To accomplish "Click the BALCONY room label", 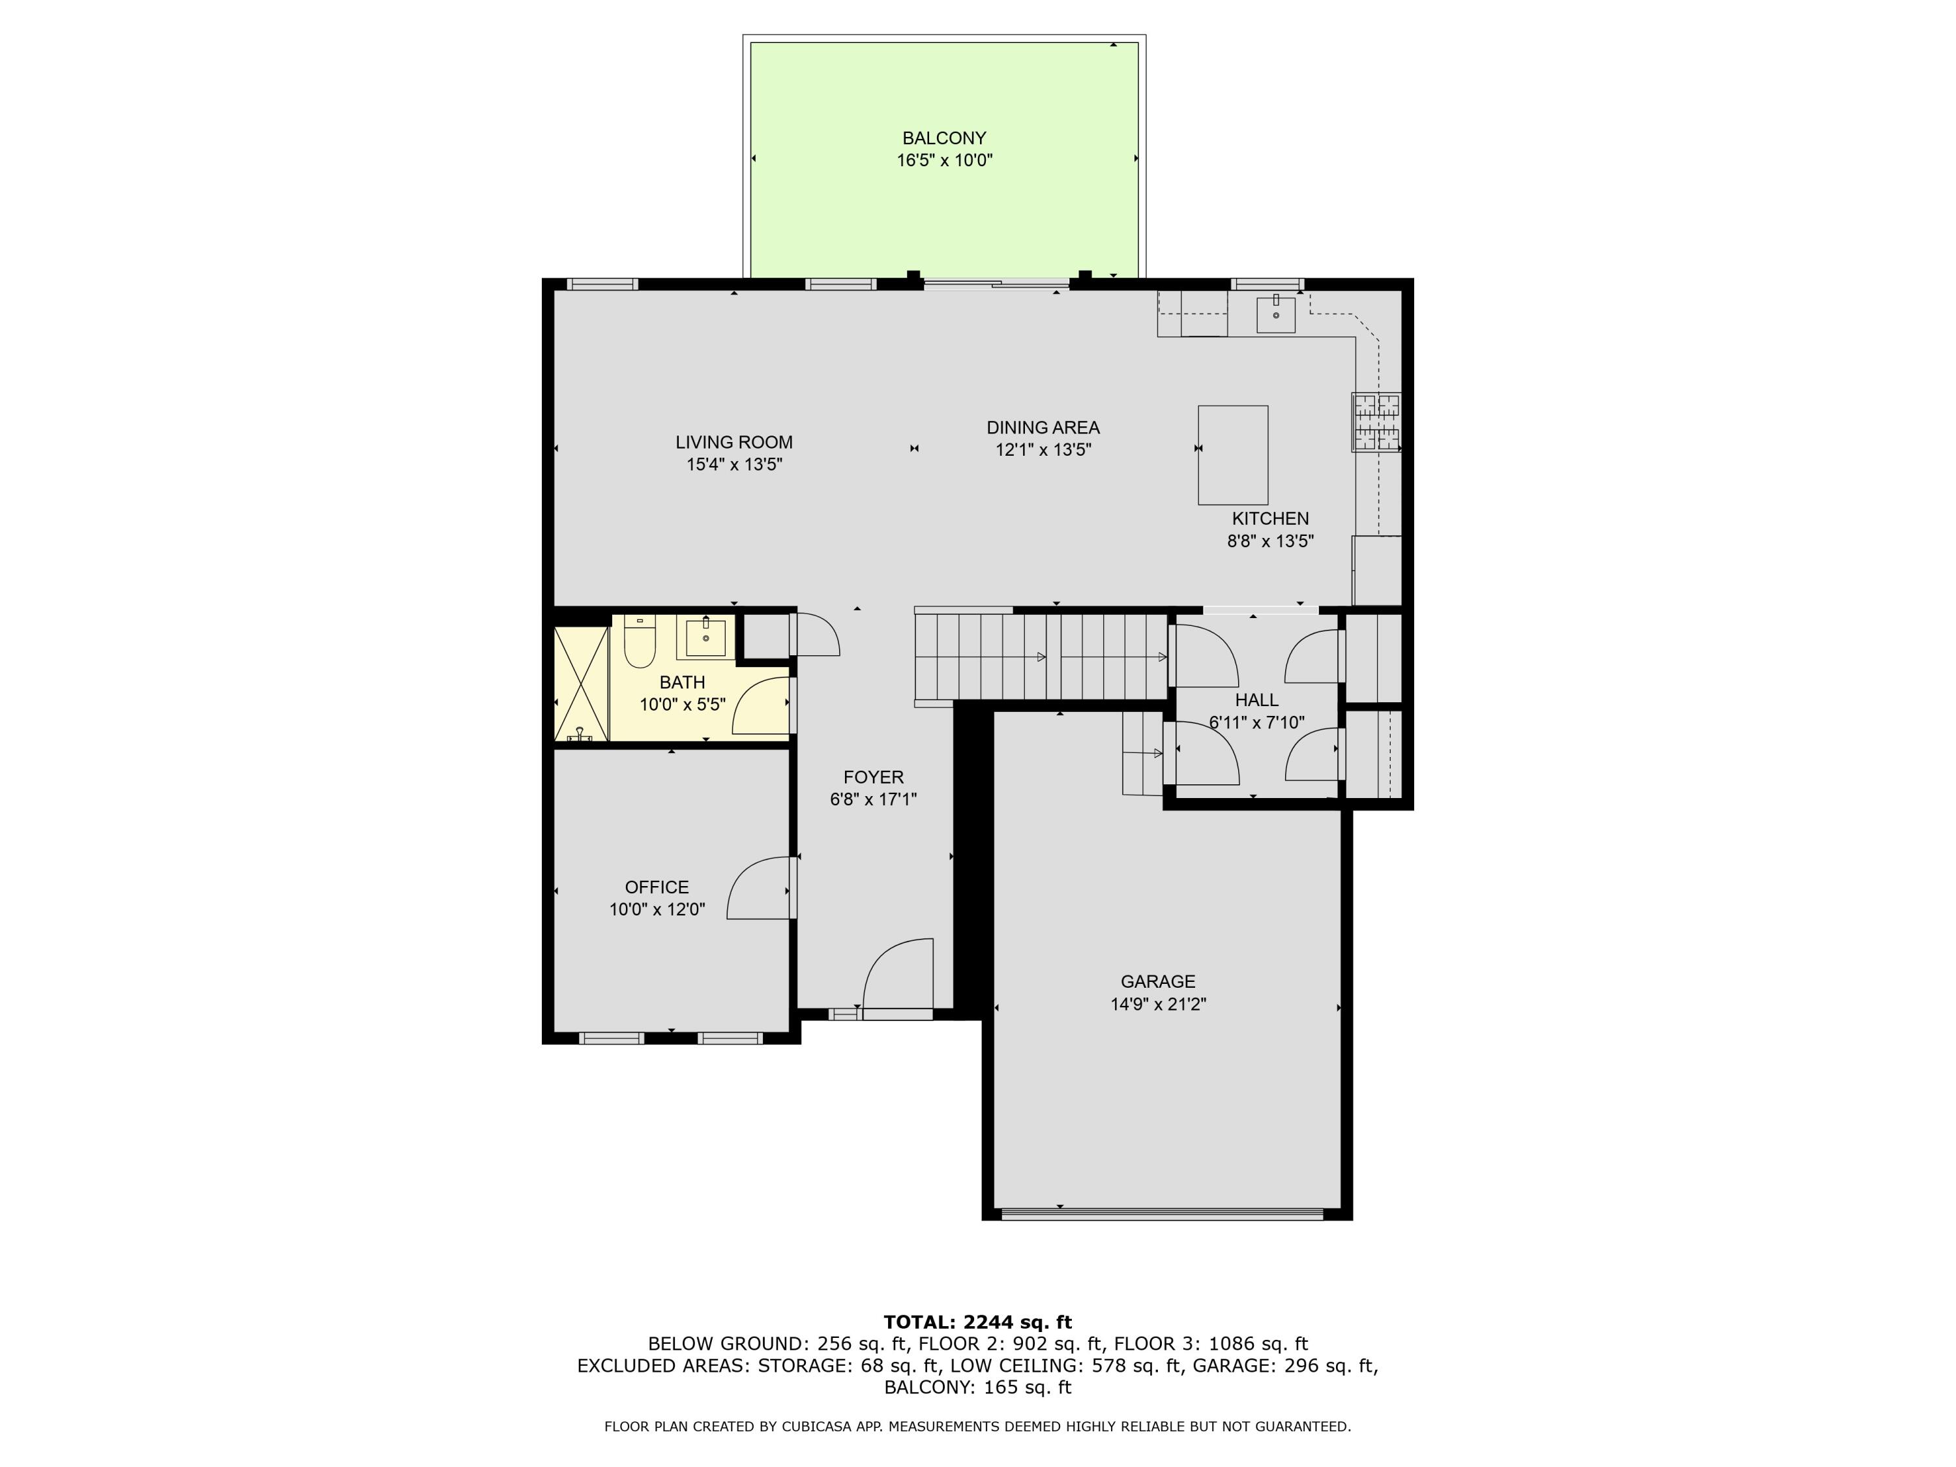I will point(943,138).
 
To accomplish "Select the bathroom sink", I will point(705,638).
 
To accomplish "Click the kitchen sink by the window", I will point(1275,315).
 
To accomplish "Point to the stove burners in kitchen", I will point(1376,422).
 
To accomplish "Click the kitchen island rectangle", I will point(1233,454).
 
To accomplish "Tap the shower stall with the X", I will point(581,683).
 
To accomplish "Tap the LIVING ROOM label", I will point(734,442).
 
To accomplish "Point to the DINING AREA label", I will point(1043,427).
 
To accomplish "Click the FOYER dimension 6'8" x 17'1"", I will point(873,799).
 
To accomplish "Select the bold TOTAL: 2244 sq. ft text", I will point(977,1322).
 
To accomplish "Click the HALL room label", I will point(1256,700).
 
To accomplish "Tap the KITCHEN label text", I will point(1270,518).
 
